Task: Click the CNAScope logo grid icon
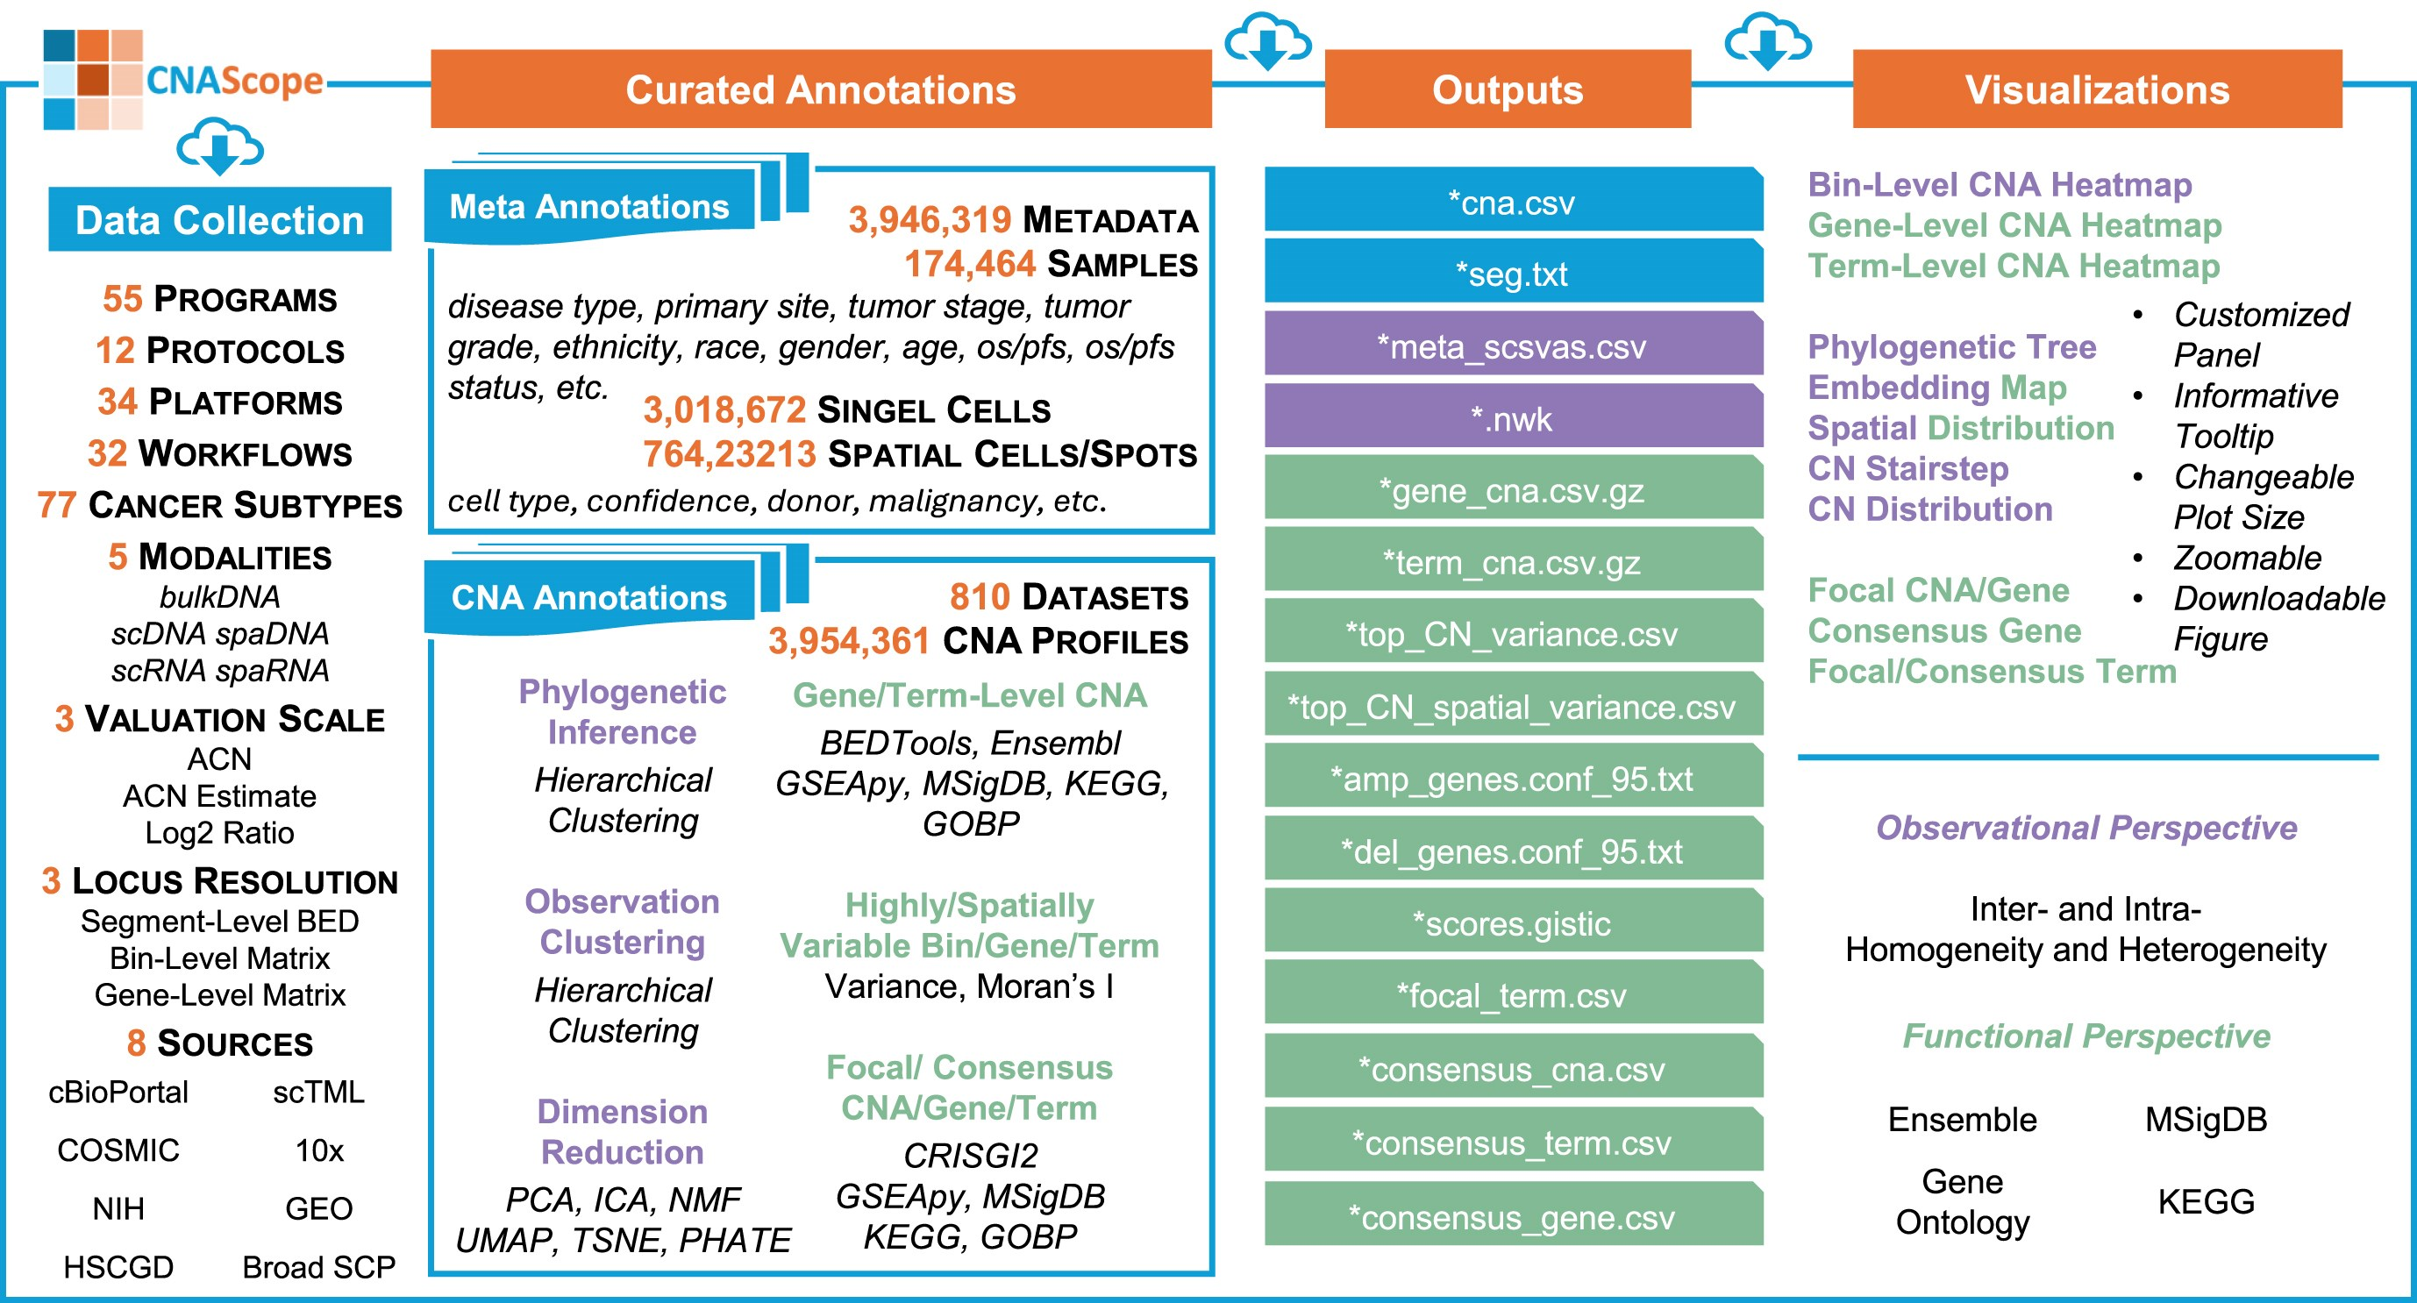tap(93, 80)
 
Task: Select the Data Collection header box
tap(219, 219)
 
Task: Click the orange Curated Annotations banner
tap(821, 89)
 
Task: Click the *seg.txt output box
tap(1513, 273)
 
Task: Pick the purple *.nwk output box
tap(1513, 418)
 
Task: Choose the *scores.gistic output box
tap(1513, 923)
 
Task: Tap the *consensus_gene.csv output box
tap(1513, 1217)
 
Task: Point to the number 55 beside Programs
tap(122, 299)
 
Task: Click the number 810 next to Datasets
tap(979, 596)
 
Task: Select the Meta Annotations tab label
tap(589, 206)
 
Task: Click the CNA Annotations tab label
tap(589, 597)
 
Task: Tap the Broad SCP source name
tap(319, 1266)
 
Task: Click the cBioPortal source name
tap(118, 1092)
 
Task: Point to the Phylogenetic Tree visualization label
tap(1951, 347)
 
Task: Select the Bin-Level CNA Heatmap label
tap(2000, 185)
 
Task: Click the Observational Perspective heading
tap(2085, 828)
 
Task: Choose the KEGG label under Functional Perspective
tap(2205, 1200)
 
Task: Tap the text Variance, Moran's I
tap(969, 986)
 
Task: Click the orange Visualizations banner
tap(2097, 89)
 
